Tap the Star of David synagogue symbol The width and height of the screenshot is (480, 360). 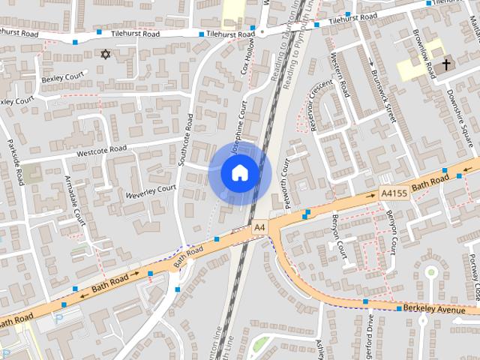pos(105,55)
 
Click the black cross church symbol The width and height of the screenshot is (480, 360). pos(446,64)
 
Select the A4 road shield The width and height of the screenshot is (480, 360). pos(259,226)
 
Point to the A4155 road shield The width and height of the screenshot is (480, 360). pos(393,193)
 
